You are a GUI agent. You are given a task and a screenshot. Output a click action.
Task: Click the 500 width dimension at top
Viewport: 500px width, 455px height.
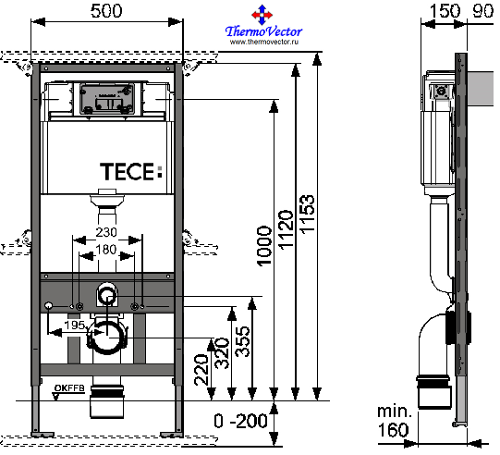pyautogui.click(x=106, y=11)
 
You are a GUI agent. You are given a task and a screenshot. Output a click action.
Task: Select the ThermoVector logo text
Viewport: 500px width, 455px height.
pyautogui.click(x=263, y=31)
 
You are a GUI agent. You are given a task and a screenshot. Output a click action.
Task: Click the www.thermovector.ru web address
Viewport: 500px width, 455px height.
pyautogui.click(x=264, y=42)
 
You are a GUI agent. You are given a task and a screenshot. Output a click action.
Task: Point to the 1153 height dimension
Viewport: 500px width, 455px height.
pyautogui.click(x=308, y=215)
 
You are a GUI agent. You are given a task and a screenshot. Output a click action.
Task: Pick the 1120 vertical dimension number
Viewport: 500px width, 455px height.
pyautogui.click(x=286, y=229)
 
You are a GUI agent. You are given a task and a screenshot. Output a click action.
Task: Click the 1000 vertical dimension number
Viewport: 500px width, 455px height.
pyautogui.click(x=264, y=246)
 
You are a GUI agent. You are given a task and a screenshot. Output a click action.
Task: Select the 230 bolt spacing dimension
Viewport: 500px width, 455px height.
pyautogui.click(x=106, y=232)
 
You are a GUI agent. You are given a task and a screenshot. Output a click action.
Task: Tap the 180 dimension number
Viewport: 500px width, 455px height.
pyautogui.click(x=106, y=249)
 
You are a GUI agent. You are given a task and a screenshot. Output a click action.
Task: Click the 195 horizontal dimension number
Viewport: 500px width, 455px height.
pyautogui.click(x=75, y=326)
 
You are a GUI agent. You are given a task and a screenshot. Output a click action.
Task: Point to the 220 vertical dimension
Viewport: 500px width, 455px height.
pyautogui.click(x=201, y=370)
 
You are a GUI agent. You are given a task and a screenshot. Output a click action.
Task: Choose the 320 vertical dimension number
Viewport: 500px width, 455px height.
pyautogui.click(x=222, y=353)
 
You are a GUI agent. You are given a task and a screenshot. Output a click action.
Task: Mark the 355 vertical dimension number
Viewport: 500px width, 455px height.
pyautogui.click(x=242, y=340)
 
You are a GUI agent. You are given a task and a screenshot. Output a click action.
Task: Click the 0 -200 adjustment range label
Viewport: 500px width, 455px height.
pyautogui.click(x=240, y=421)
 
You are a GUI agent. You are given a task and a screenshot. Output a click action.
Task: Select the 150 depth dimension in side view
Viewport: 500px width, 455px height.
pyautogui.click(x=445, y=11)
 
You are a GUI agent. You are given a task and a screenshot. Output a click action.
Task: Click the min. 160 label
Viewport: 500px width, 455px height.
pyautogui.click(x=394, y=421)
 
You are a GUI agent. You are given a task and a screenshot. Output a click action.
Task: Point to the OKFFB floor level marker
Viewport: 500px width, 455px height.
pyautogui.click(x=69, y=388)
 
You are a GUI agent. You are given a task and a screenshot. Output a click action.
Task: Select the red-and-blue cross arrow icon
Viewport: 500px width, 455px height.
pyautogui.click(x=262, y=15)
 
